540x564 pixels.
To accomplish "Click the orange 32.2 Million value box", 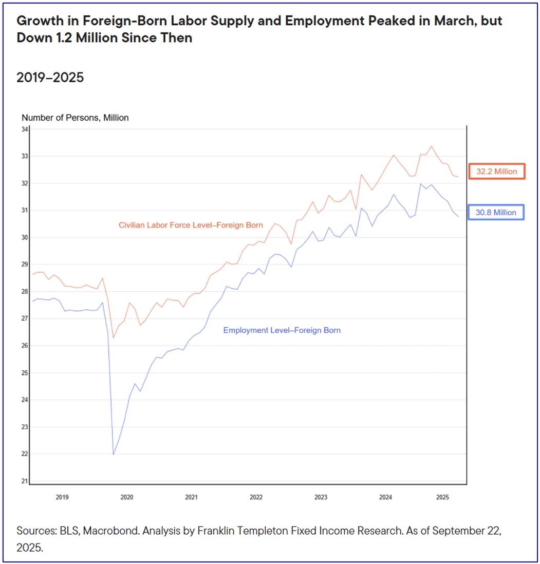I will (496, 171).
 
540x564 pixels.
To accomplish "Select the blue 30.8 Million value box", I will (496, 212).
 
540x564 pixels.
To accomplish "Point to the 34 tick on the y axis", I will (25, 129).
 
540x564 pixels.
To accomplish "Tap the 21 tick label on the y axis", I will (25, 481).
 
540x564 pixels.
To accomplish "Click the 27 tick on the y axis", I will (25, 319).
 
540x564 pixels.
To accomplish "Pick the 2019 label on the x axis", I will (62, 497).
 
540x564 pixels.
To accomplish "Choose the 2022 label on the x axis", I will (256, 497).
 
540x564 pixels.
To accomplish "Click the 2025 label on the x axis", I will (442, 497).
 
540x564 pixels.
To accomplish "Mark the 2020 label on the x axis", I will (126, 497).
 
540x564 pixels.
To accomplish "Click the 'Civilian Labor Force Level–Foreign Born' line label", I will (191, 225).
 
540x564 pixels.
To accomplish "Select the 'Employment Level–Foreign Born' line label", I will (282, 330).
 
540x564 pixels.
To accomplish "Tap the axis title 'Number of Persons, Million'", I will (75, 118).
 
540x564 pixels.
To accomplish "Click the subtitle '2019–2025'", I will (50, 78).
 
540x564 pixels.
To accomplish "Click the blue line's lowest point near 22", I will (113, 454).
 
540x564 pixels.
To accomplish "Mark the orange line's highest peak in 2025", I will (431, 146).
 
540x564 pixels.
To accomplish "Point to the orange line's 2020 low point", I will (113, 337).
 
